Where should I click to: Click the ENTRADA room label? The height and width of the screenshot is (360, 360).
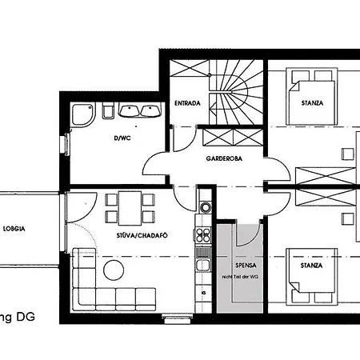click(187, 103)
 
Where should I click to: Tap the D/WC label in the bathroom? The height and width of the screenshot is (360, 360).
click(122, 138)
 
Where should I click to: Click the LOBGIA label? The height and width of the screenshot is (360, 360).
click(14, 228)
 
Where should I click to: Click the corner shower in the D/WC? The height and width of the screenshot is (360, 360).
click(81, 117)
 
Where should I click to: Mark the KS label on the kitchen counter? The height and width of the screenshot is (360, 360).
click(204, 292)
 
